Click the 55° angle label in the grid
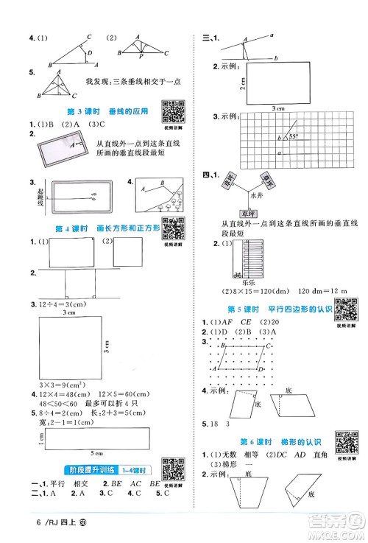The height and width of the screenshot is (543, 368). [x=292, y=137]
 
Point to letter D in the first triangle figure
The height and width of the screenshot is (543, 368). [x=90, y=53]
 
